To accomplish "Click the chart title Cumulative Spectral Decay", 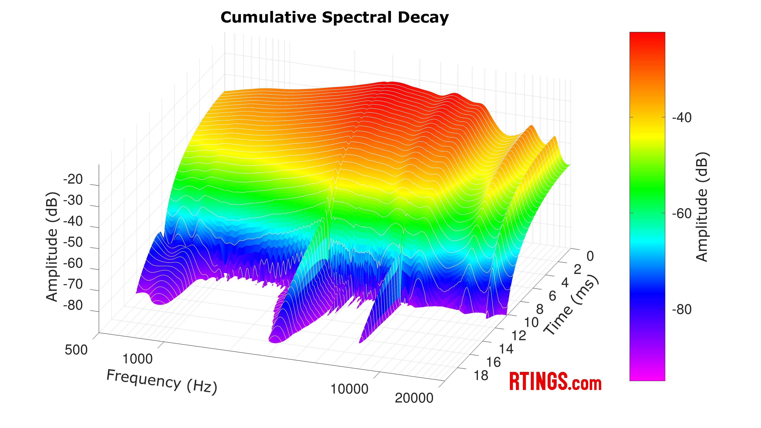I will (334, 17).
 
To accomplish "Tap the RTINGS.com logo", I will (555, 382).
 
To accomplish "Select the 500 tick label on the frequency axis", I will (76, 350).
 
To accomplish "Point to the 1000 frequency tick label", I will (137, 359).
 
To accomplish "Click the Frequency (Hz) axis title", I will (162, 382).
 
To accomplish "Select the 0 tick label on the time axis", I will (590, 256).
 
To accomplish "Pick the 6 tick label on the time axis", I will (552, 296).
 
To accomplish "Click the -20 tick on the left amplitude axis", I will (73, 179).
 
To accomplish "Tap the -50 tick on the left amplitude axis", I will (73, 242).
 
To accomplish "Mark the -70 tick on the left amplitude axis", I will (73, 285).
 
